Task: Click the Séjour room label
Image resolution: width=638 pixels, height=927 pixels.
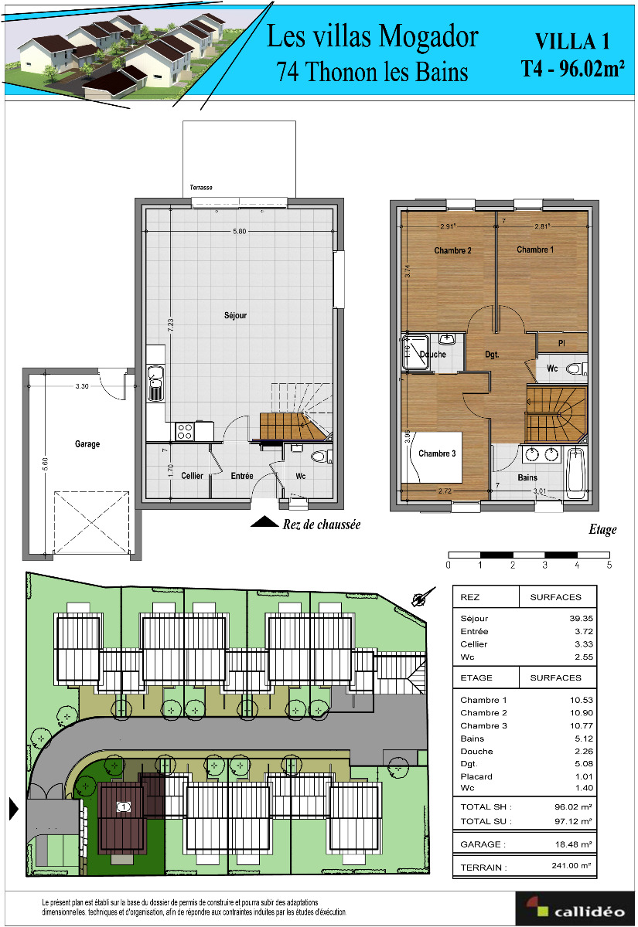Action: coord(235,315)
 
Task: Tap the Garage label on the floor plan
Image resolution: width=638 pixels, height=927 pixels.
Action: coord(87,444)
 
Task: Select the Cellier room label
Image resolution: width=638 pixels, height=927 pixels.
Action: coord(193,476)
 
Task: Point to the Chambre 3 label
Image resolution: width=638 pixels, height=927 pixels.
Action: coord(437,453)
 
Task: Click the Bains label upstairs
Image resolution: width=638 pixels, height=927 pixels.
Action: coord(527,477)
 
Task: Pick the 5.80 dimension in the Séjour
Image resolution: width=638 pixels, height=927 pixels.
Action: coord(240,231)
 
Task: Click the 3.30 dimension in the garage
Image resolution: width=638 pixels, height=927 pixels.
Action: coord(82,386)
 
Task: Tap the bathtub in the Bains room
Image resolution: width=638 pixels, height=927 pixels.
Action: coord(576,473)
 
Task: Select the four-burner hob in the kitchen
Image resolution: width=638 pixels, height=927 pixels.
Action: coord(184,431)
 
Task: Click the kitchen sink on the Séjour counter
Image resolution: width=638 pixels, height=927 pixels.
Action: coord(155,383)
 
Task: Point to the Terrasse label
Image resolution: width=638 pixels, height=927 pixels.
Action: coord(201,188)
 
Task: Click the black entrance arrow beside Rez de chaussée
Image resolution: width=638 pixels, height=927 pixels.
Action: coord(264,522)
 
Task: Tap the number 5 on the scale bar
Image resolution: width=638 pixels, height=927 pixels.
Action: coord(609,565)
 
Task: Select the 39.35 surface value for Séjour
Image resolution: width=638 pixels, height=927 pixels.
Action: coord(582,618)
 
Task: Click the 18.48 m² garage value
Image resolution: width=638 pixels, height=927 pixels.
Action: coord(573,844)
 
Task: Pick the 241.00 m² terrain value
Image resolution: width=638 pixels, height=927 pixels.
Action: coord(571,865)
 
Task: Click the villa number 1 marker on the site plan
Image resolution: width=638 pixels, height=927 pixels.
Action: coord(124,806)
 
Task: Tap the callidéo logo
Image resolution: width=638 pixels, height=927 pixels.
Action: coord(575,908)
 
